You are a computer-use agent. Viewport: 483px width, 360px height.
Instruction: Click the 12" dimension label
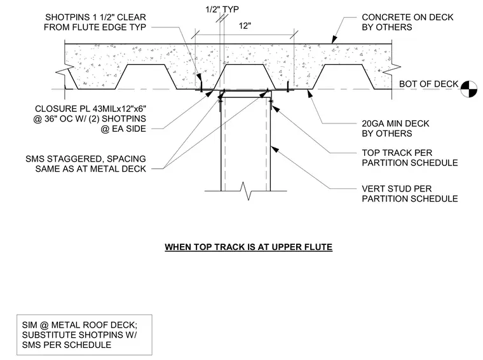click(x=245, y=26)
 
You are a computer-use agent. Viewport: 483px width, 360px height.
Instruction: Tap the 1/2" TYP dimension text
click(x=222, y=10)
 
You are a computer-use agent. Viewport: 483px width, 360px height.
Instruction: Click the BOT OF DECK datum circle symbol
click(x=468, y=89)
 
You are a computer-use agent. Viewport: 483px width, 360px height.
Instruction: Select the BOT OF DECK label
click(x=428, y=84)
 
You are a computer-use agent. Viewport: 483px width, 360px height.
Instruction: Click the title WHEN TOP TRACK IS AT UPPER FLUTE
click(x=248, y=247)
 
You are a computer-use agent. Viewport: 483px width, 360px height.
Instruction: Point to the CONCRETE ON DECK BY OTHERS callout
click(x=407, y=22)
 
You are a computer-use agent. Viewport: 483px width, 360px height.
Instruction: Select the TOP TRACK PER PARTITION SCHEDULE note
click(x=410, y=158)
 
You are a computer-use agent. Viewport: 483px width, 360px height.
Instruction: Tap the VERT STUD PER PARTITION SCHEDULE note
click(x=410, y=193)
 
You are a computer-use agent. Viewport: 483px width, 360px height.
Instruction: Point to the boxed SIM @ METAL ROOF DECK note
click(x=84, y=335)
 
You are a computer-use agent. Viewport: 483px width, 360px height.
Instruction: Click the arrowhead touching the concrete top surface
click(x=334, y=40)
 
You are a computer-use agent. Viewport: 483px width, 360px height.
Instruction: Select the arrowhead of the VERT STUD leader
click(x=275, y=149)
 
